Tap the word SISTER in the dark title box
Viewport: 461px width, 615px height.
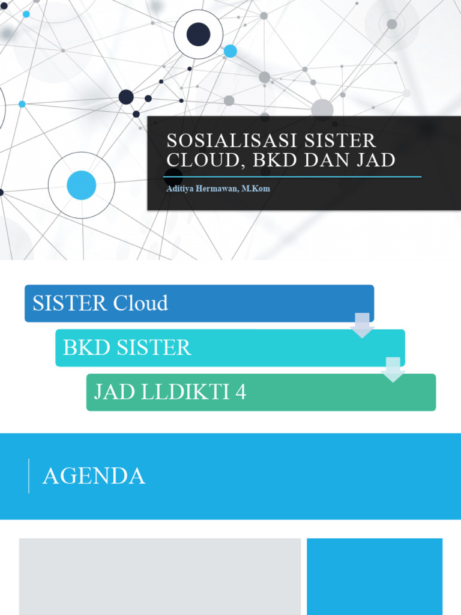(x=340, y=141)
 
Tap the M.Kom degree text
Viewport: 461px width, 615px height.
(x=256, y=189)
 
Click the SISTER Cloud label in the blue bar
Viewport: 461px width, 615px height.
(x=100, y=303)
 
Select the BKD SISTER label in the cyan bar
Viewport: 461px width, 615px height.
(x=127, y=348)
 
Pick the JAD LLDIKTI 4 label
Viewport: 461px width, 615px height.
(x=170, y=392)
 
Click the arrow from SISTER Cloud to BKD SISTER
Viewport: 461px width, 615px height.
(x=362, y=325)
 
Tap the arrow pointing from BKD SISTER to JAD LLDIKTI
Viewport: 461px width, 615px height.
(x=393, y=369)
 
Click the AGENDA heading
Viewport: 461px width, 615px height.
(x=94, y=476)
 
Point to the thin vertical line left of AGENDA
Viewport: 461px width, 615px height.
(x=29, y=476)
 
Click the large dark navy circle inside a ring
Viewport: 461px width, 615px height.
(x=198, y=34)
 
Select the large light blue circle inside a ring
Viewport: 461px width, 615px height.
(x=82, y=185)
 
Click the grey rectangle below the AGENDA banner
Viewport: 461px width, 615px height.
(x=160, y=576)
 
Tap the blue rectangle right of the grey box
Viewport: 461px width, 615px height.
(x=375, y=576)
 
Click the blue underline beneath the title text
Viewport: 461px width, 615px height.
(x=294, y=177)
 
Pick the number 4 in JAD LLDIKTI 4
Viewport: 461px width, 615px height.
(x=241, y=392)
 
